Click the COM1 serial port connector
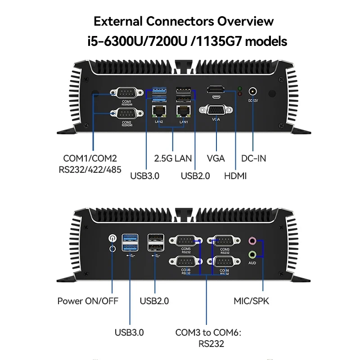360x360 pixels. tap(126, 93)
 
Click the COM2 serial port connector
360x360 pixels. tap(126, 114)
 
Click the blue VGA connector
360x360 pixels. tap(216, 110)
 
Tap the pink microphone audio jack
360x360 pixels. tap(252, 241)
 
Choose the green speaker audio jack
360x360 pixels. tap(252, 254)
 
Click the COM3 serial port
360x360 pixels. tap(224, 241)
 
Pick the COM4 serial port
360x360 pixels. tap(224, 262)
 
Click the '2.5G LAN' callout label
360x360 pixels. tap(173, 158)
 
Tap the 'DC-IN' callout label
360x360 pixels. tap(254, 158)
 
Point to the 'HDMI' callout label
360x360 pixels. tap(235, 176)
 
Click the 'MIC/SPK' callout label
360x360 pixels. tap(251, 301)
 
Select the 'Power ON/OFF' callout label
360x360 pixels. tap(88, 301)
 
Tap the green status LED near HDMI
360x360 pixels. tap(240, 88)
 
